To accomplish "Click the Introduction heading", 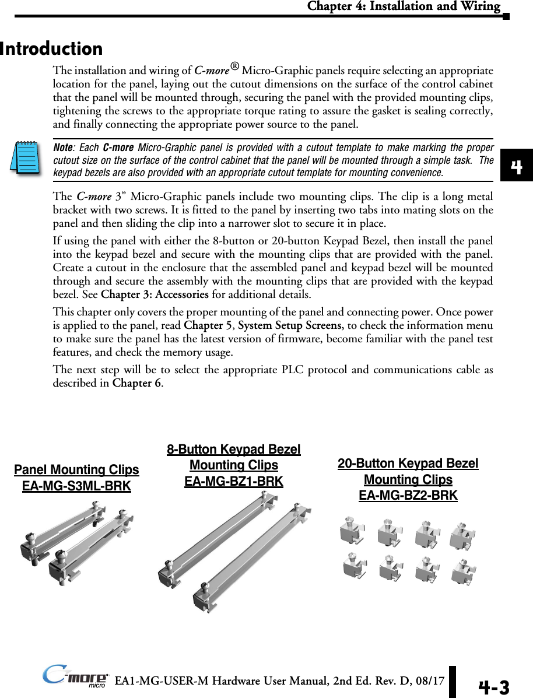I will coord(51,48).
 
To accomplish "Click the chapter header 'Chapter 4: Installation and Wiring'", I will coord(404,7).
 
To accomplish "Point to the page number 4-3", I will coord(493,688).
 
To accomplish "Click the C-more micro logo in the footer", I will coord(76,678).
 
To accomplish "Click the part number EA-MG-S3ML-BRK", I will coord(76,486).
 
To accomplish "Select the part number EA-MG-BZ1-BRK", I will coord(234,481).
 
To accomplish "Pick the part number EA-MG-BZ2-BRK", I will coord(408,495).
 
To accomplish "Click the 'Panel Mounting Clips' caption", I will coord(76,470).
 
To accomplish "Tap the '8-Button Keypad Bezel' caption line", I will coord(234,450).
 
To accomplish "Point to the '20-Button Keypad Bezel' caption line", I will coord(408,464).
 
